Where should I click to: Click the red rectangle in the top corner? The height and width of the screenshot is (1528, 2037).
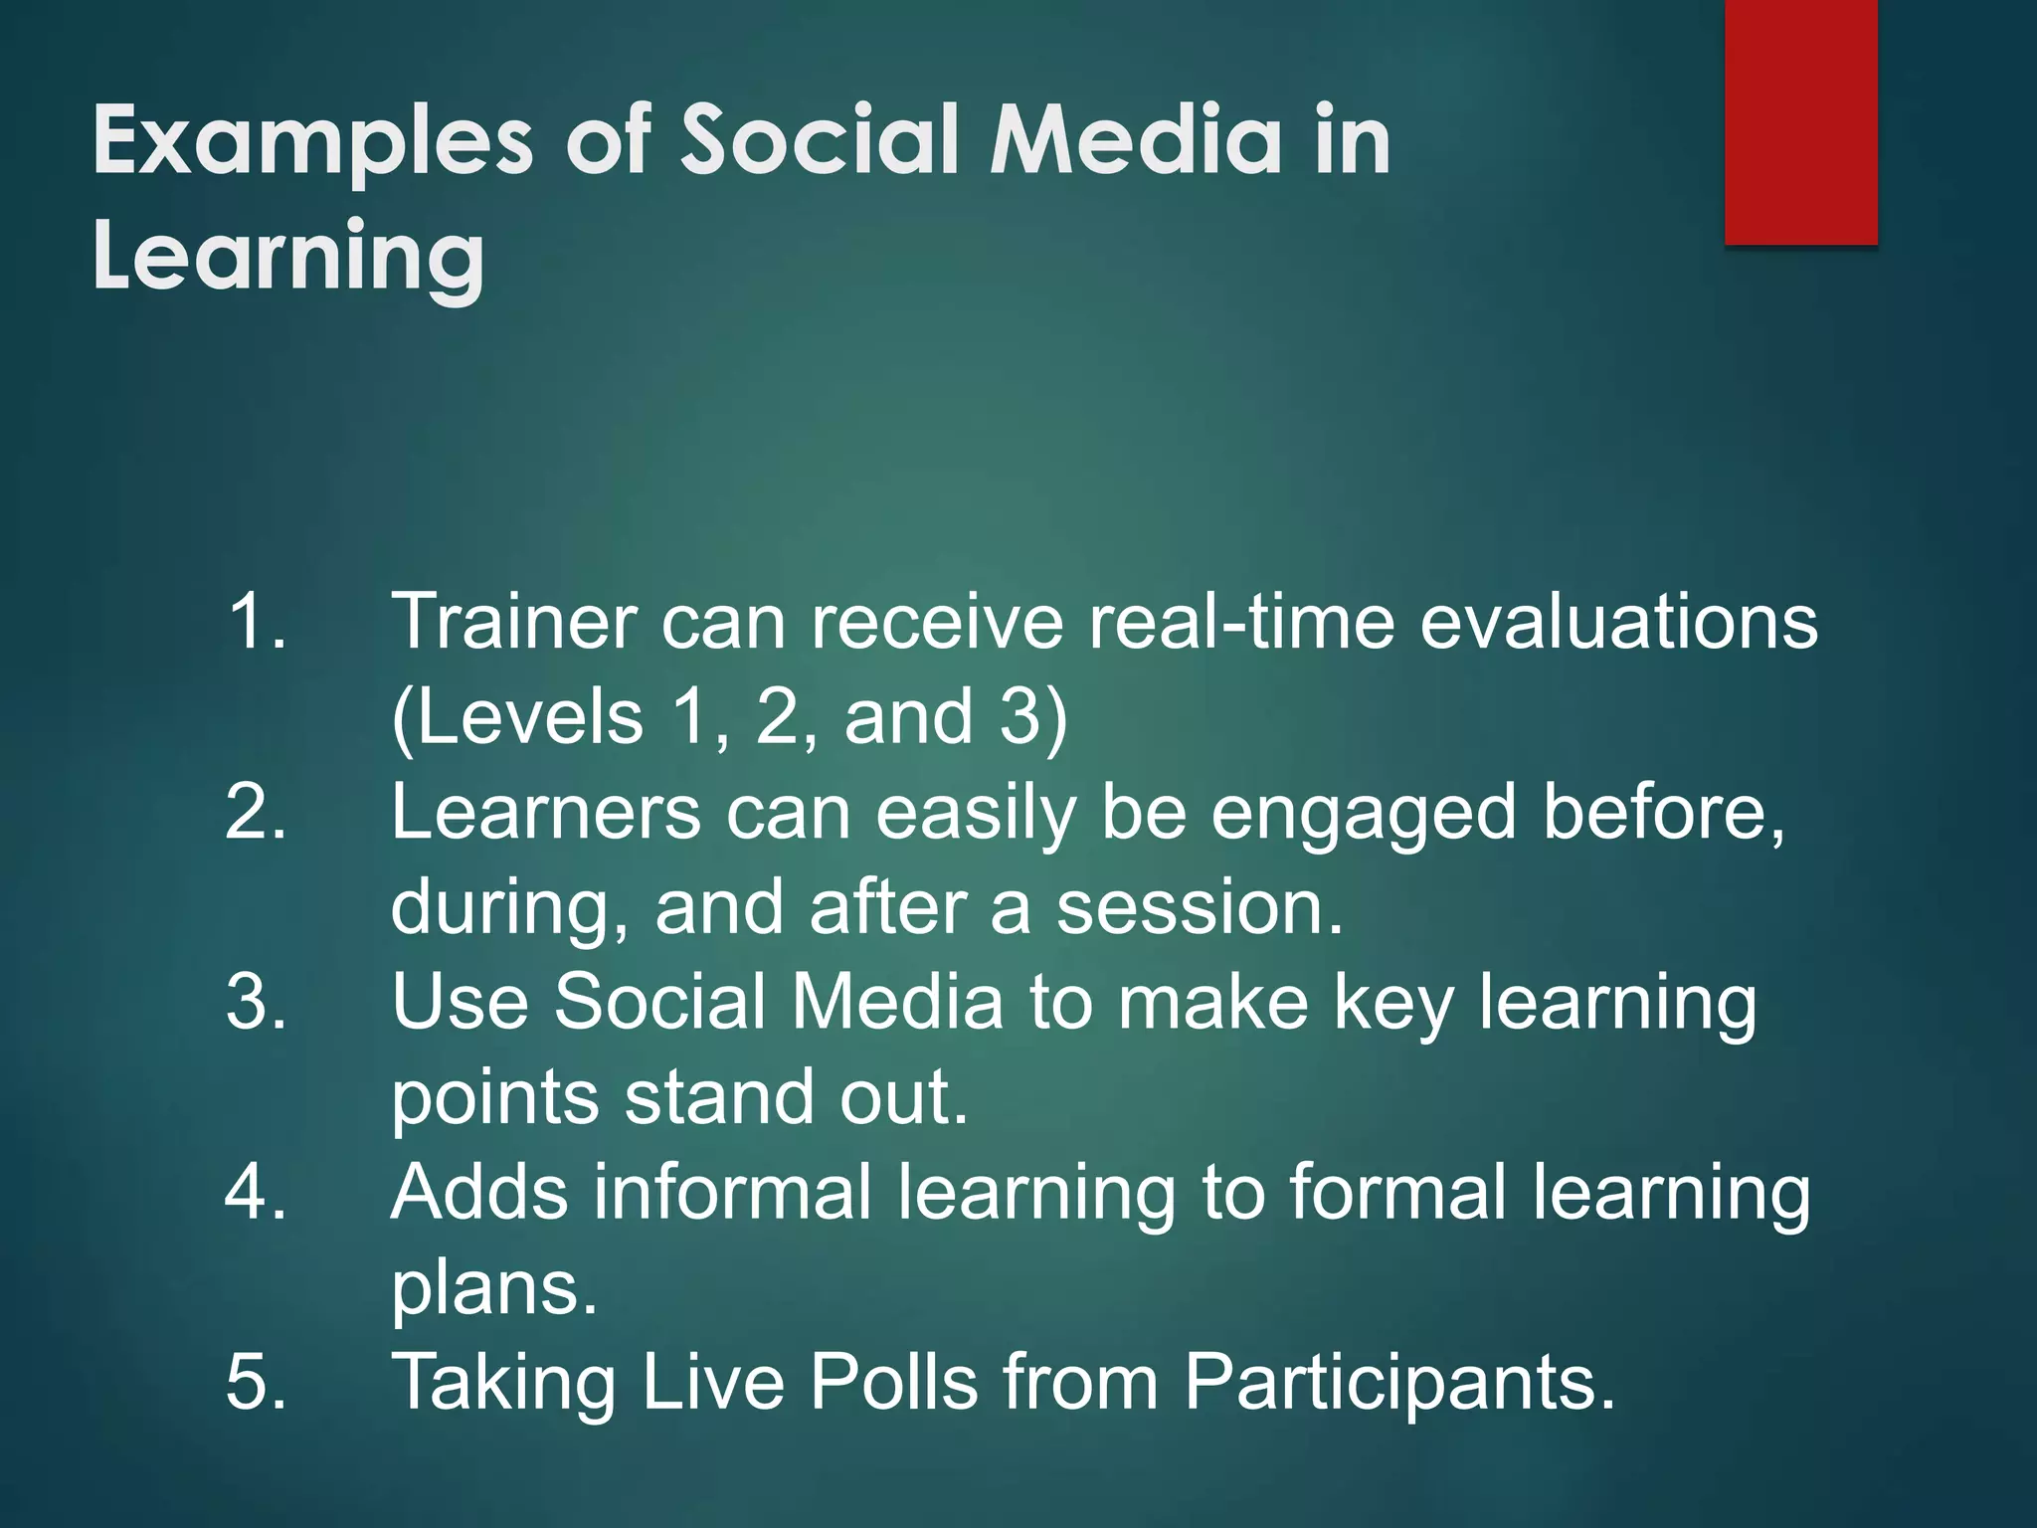pos(1800,121)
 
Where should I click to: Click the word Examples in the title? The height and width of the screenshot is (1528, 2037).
pos(312,141)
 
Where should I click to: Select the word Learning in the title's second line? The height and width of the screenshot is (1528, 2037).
pos(288,257)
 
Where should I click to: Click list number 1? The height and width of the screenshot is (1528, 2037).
pos(257,622)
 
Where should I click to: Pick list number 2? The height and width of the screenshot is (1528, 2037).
pos(257,812)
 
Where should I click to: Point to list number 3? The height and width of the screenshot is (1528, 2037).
pos(257,1002)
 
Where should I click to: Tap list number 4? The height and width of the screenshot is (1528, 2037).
pos(257,1192)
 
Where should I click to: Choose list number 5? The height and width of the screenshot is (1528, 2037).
pos(257,1382)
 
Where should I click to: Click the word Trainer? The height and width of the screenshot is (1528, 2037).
pos(513,622)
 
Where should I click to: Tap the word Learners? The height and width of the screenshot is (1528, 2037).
pos(545,812)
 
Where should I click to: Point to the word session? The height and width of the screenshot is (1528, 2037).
pos(1199,907)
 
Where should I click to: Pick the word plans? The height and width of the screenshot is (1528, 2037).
pos(493,1289)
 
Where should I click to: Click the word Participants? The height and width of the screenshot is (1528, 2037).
pos(1398,1384)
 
